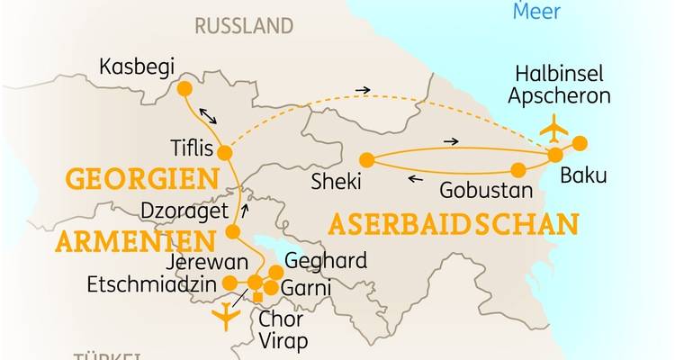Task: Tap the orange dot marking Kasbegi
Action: [x=184, y=89]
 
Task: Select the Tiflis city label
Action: [x=193, y=148]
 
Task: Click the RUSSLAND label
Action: [x=245, y=25]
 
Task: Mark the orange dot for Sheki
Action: [x=366, y=159]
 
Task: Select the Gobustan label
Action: [x=478, y=191]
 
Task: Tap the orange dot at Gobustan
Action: [x=518, y=169]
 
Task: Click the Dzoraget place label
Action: [x=180, y=214]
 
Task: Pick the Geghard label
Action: [x=325, y=261]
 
